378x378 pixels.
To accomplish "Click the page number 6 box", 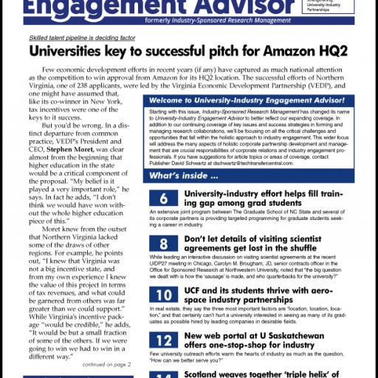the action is click(x=163, y=198).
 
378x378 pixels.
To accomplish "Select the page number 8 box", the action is click(x=163, y=244).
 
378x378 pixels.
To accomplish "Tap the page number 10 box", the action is click(x=163, y=292).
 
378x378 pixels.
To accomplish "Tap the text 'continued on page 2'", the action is click(x=109, y=365).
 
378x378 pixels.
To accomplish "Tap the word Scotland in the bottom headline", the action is click(x=210, y=375).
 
